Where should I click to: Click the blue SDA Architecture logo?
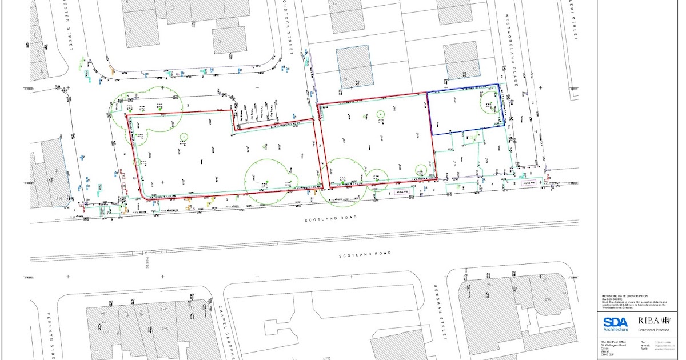[x=615, y=324]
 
